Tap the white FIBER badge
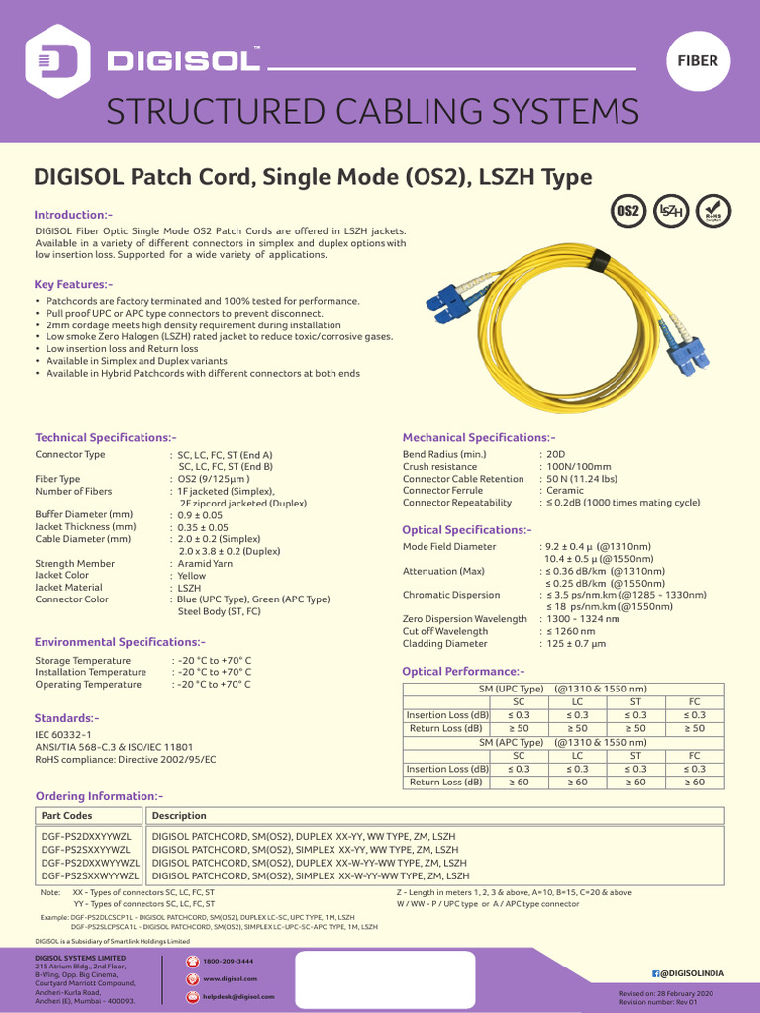697,60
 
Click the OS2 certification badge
628,211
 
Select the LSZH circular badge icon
672,211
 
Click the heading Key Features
73,285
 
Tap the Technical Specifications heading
105,437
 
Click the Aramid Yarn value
205,563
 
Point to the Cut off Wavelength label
445,631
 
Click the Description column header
179,816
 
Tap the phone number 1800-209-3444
228,961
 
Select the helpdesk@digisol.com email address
238,996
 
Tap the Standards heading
66,717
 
